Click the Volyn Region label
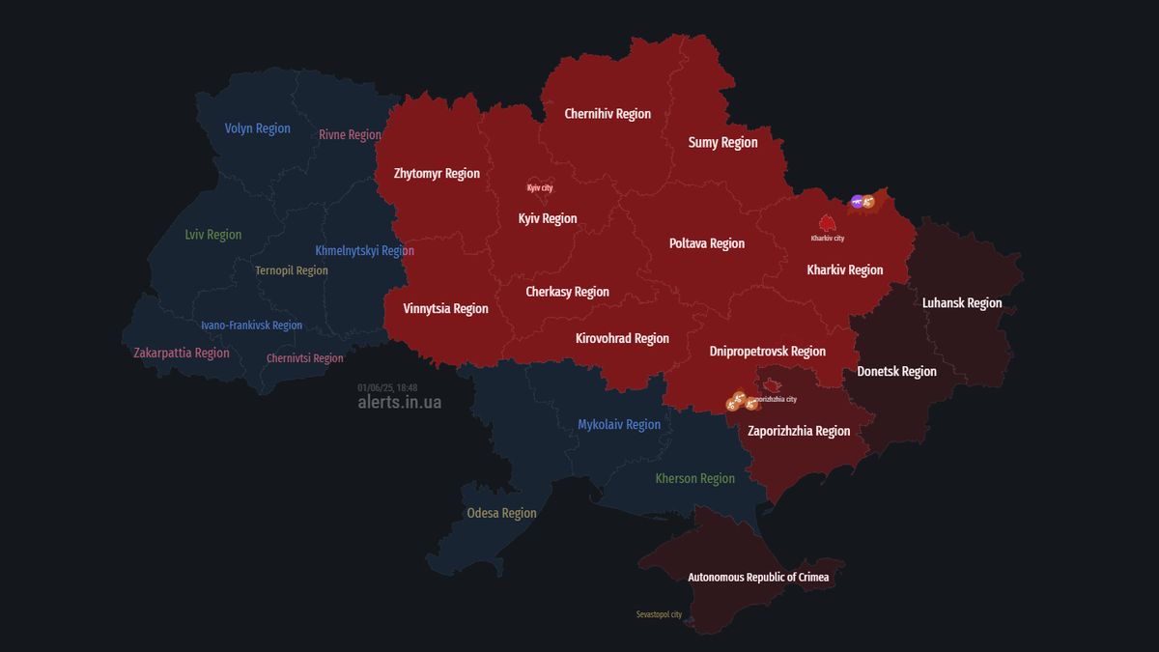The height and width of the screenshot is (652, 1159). coord(257,128)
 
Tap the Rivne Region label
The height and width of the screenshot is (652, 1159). coord(350,135)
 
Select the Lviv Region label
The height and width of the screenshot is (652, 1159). coord(213,235)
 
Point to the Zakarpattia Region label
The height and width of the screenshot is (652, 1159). coord(182,354)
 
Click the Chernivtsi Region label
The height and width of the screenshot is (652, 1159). coord(304,358)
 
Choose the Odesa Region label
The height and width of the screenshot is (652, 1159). coord(501,513)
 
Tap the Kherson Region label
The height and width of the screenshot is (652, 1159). coord(694,479)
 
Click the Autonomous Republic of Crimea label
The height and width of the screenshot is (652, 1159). coord(758,578)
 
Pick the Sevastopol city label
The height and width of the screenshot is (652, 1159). coord(659,614)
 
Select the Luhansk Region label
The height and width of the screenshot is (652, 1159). coord(962,303)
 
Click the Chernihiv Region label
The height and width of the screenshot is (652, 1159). coord(608,114)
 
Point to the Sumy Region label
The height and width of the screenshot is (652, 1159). coord(722,143)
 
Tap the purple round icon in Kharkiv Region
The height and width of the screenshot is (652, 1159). coord(856,201)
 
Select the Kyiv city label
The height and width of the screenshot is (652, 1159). coord(540,187)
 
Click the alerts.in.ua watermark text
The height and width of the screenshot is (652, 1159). coord(399,403)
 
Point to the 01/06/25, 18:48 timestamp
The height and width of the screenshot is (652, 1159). coord(387,387)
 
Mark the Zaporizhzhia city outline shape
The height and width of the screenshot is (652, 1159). coord(770,385)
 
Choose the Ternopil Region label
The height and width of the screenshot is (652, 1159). coord(292,271)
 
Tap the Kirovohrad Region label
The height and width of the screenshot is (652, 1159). coord(622,339)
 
